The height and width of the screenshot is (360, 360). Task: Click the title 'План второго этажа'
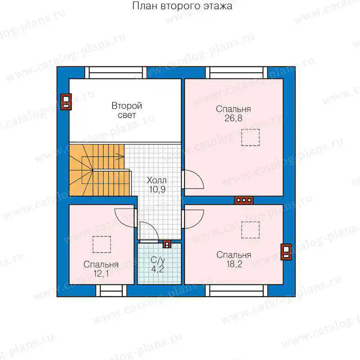tap(182, 6)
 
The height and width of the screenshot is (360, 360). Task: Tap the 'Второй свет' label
tap(127, 110)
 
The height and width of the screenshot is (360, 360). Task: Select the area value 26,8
tap(233, 118)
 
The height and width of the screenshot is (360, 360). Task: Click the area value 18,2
tap(234, 264)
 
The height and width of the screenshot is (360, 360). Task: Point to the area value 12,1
tap(101, 274)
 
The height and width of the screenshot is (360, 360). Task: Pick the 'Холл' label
tap(157, 180)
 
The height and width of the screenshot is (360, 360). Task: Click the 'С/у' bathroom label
tap(158, 260)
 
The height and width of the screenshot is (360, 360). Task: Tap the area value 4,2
tap(158, 269)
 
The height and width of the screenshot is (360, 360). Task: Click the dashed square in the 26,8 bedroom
tap(250, 138)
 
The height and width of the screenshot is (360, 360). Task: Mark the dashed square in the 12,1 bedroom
tap(102, 244)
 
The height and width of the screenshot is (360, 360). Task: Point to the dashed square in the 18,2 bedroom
tap(250, 230)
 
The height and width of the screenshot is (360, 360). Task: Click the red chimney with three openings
tap(243, 200)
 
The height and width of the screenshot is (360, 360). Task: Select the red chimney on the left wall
tap(66, 102)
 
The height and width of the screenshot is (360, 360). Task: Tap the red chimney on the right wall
tap(286, 252)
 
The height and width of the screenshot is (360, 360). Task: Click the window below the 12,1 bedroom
tap(111, 291)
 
